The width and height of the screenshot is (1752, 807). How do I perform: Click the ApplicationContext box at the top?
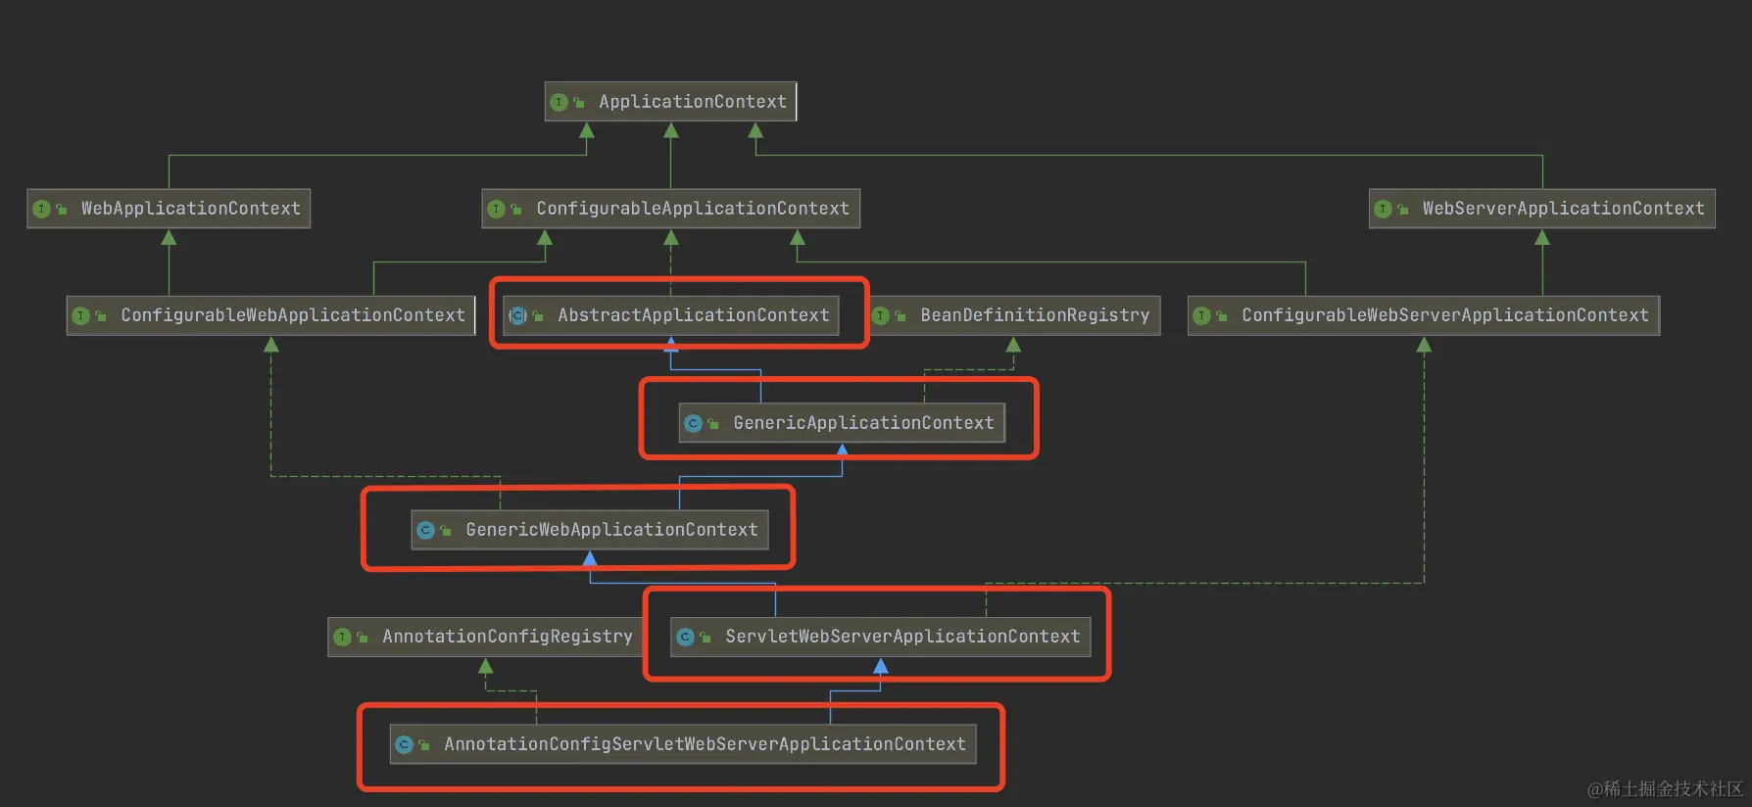point(670,102)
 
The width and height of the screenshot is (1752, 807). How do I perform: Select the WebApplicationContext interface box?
point(169,209)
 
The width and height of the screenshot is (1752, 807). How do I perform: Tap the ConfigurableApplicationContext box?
point(670,209)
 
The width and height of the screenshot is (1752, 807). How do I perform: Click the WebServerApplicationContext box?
point(1541,209)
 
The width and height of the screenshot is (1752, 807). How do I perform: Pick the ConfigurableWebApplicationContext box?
point(270,315)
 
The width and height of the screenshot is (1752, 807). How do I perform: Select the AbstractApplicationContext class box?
point(670,315)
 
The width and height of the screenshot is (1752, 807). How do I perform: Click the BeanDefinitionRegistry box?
point(1015,315)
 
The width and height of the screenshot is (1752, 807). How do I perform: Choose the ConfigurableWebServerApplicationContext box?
point(1423,315)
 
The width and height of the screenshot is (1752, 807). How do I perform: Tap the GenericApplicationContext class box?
point(842,423)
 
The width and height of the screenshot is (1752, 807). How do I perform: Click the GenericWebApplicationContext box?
point(590,530)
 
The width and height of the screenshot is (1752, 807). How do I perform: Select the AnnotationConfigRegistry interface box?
point(485,637)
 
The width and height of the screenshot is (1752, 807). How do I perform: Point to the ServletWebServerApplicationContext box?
point(880,637)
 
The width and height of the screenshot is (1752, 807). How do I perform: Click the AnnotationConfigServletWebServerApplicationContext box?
point(683,744)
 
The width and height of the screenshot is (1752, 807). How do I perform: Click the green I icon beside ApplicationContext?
point(559,102)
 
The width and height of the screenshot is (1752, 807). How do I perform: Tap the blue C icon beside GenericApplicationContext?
point(693,423)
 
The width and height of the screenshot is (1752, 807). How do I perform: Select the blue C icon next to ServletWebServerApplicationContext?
point(685,637)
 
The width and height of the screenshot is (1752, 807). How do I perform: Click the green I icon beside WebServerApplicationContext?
point(1383,209)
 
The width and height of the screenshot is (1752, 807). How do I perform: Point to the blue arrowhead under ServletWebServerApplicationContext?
point(880,666)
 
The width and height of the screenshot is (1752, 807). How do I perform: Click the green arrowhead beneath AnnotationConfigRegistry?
point(485,666)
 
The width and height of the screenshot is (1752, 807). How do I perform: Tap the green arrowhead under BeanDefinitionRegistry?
point(1013,345)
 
